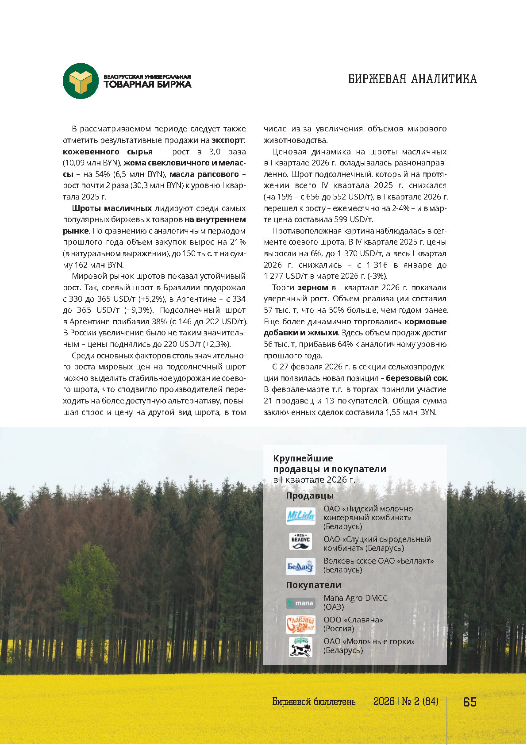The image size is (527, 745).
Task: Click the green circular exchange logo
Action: [81, 81]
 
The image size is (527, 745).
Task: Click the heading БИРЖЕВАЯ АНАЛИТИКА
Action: [412, 79]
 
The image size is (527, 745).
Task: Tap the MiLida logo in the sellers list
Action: [300, 516]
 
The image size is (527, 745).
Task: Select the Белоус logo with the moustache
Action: [300, 541]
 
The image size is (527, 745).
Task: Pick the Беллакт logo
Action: [300, 566]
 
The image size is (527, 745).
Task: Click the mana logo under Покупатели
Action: [300, 603]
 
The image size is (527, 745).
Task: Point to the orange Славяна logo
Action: [300, 624]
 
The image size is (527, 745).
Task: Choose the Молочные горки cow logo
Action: [300, 646]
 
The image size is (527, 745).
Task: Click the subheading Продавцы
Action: [310, 495]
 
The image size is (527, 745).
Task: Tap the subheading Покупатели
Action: [314, 585]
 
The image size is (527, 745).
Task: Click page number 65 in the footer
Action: [469, 702]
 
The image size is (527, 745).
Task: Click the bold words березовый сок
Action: [416, 378]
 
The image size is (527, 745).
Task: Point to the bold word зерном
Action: [312, 288]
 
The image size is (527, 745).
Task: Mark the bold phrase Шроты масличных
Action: [112, 208]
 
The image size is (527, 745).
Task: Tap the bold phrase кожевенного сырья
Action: [108, 152]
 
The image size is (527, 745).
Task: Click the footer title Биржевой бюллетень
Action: [314, 702]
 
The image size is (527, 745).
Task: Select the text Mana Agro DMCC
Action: [355, 598]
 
